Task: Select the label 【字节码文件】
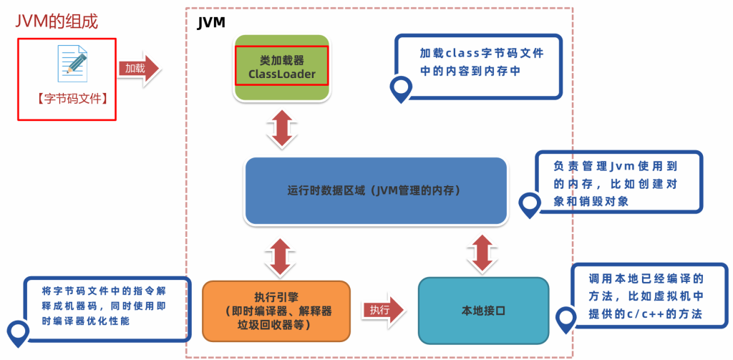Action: click(x=65, y=100)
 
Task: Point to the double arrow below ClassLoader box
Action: click(x=281, y=129)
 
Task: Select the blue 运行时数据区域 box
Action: click(x=375, y=192)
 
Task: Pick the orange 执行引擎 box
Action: click(x=277, y=310)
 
